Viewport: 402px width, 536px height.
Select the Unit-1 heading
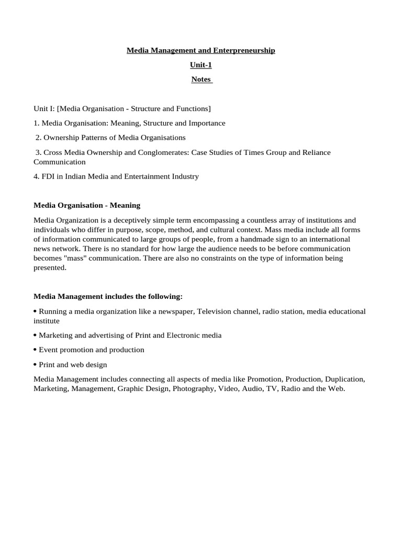coord(201,65)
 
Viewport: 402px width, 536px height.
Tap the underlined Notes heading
coord(201,80)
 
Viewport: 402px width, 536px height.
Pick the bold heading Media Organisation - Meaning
coord(87,205)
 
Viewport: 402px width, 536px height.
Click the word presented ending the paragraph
coord(50,267)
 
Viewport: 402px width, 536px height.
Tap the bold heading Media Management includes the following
coord(108,297)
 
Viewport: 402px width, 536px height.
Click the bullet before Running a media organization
coord(35,311)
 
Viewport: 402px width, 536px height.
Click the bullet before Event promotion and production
coord(35,350)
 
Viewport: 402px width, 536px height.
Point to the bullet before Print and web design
coord(35,364)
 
